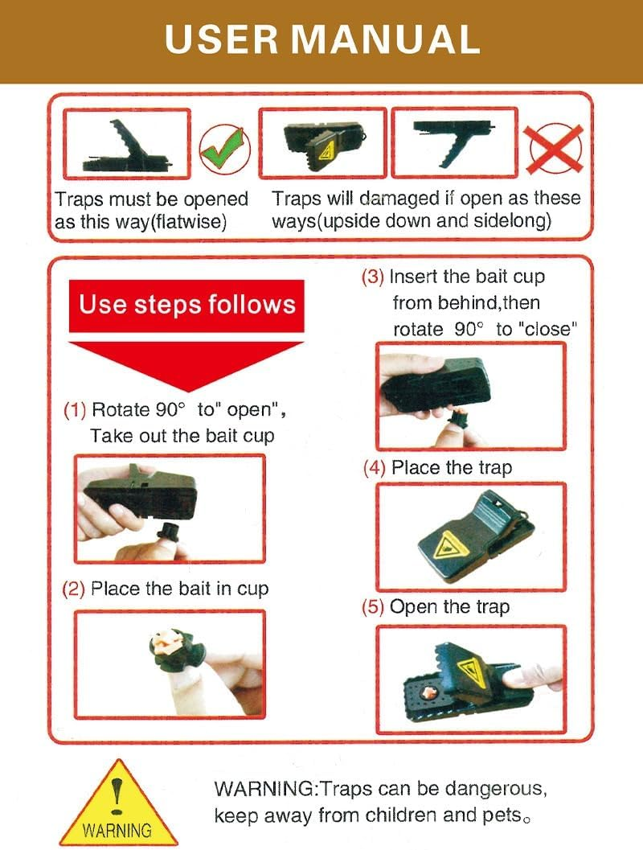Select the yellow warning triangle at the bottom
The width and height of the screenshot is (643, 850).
[118, 803]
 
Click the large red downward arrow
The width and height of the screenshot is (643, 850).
[186, 361]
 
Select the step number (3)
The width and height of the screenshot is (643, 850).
[372, 277]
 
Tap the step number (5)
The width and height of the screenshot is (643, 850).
[373, 606]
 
